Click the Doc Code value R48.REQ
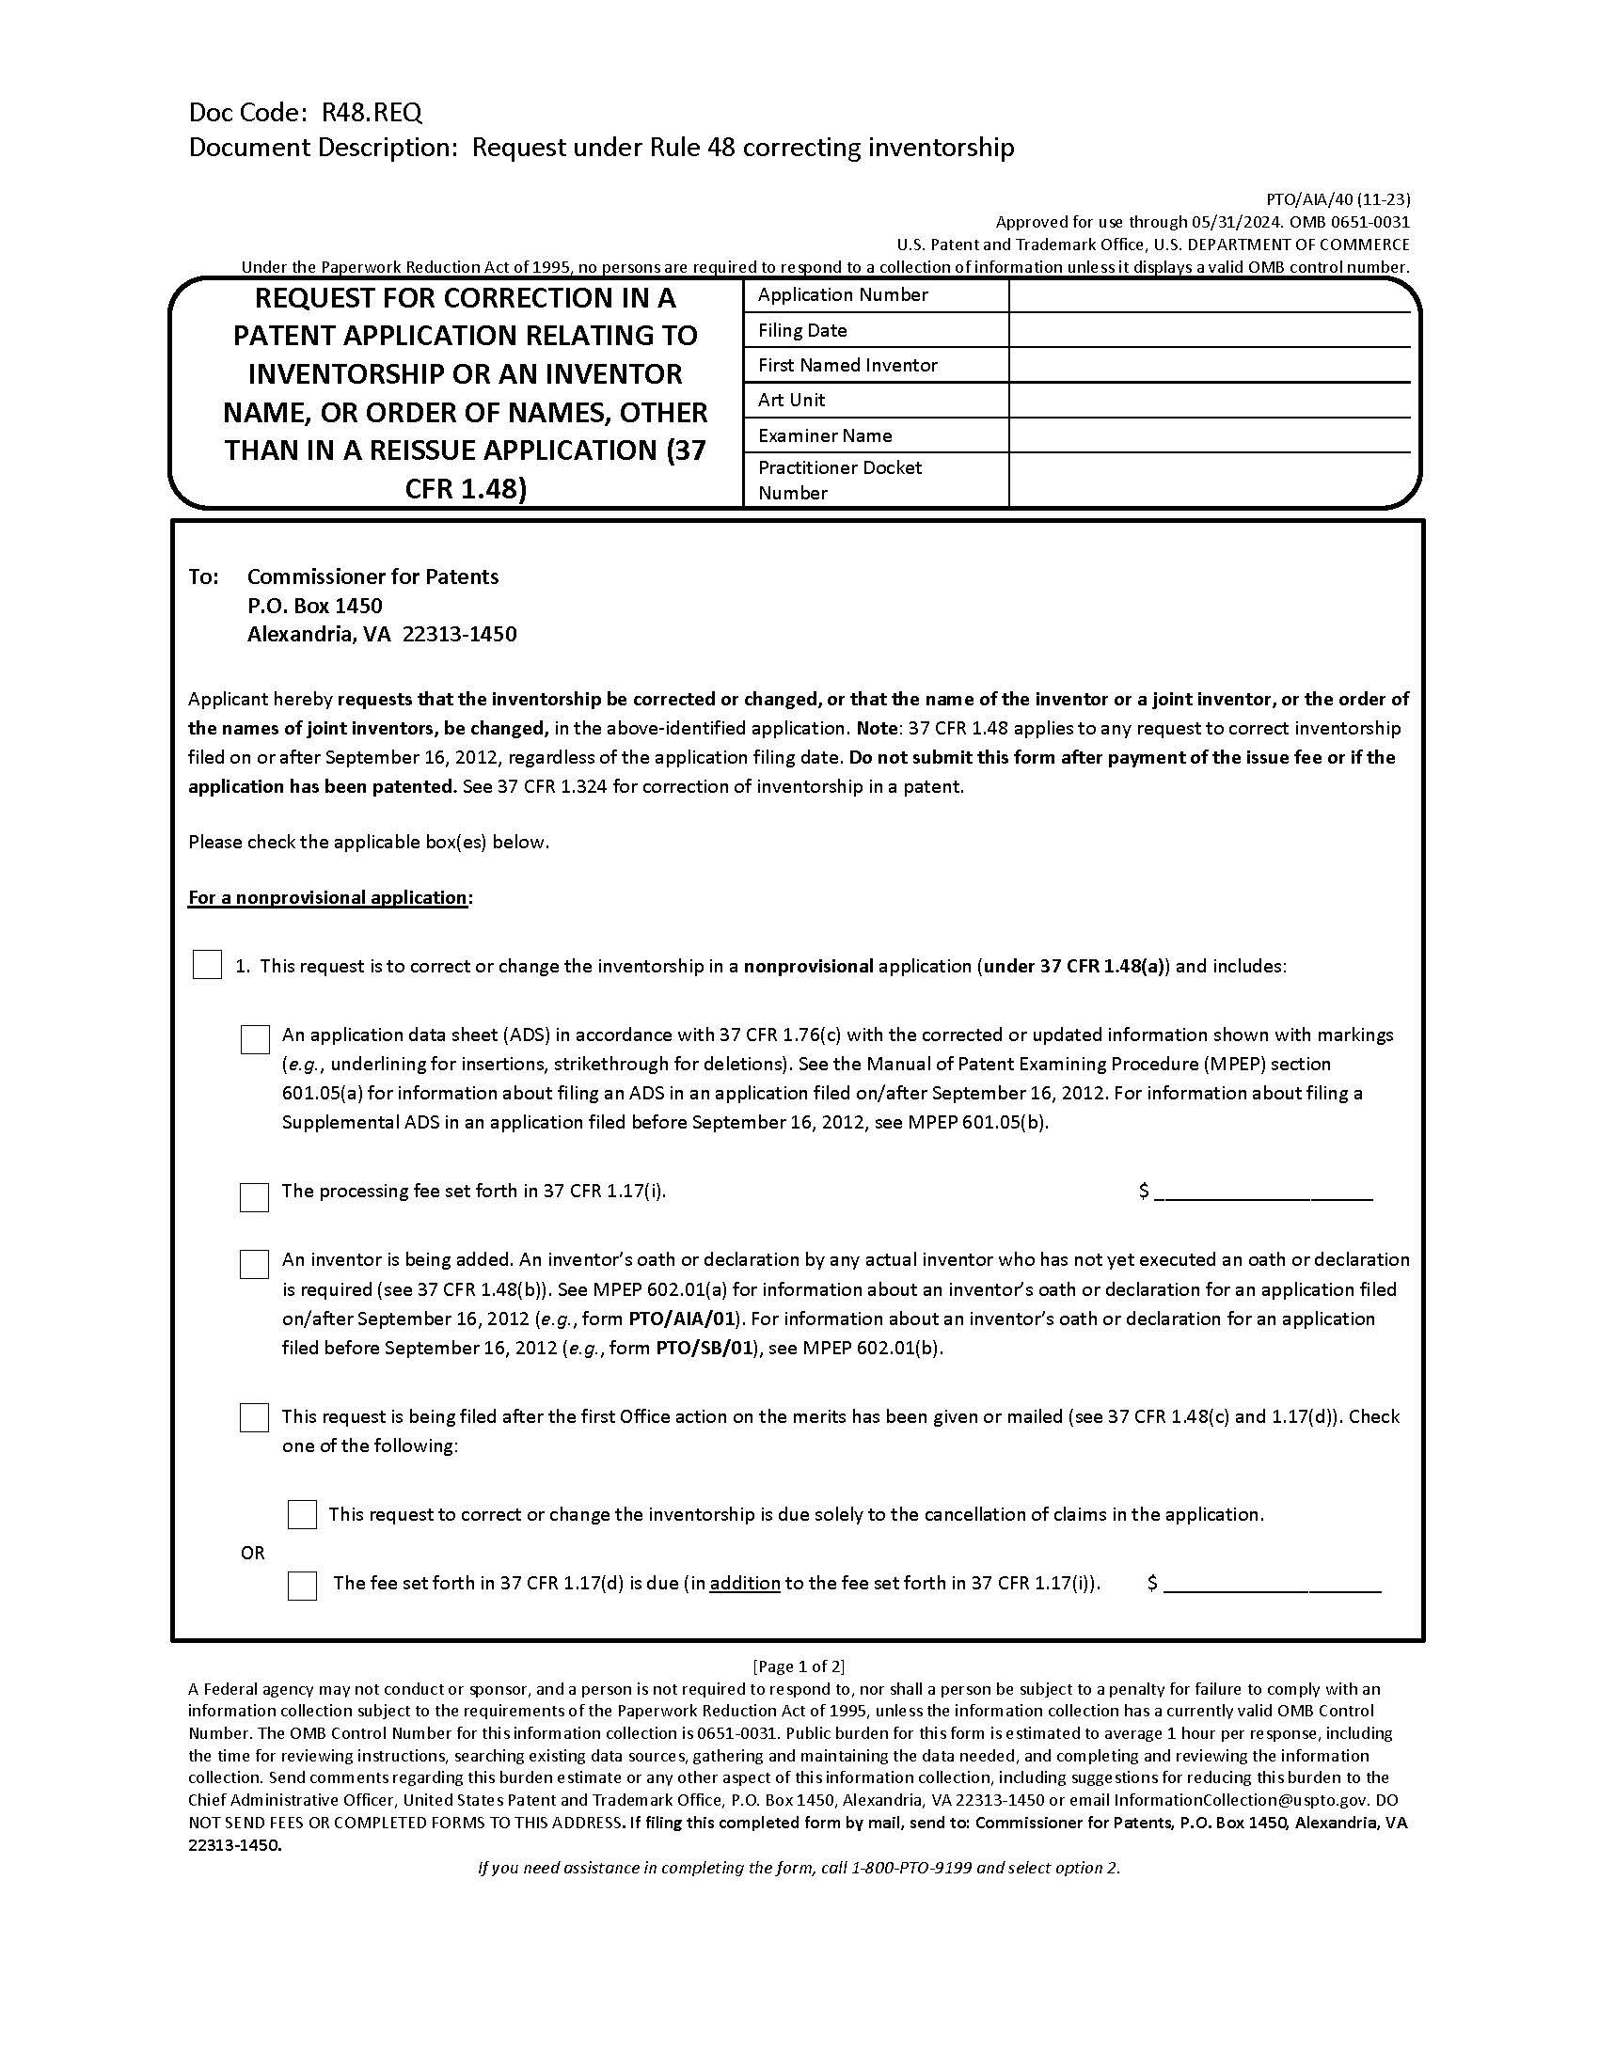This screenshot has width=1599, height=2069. coord(372,113)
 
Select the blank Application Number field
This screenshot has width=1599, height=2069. coord(1209,295)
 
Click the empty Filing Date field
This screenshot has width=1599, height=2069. coord(1209,331)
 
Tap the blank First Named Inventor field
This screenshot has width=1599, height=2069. coord(1209,366)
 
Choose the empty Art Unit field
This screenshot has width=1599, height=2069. coord(1209,401)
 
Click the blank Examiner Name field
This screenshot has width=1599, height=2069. coord(1209,435)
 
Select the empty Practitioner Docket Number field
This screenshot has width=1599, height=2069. coord(1209,480)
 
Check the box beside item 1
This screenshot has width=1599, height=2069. coord(208,965)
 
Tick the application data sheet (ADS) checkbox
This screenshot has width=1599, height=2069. coord(255,1039)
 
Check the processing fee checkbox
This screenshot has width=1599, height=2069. coord(255,1196)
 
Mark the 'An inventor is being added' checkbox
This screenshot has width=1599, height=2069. coord(255,1265)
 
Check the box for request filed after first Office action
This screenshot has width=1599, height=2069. coord(255,1417)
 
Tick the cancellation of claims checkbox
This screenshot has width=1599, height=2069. coord(302,1514)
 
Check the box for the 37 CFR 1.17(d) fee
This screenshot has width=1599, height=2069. coord(302,1586)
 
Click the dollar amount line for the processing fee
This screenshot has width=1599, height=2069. coord(1263,1192)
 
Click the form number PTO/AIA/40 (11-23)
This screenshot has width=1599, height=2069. coord(1338,200)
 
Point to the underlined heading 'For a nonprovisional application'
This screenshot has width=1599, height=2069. coord(327,897)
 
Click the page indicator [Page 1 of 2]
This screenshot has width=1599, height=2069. coord(799,1666)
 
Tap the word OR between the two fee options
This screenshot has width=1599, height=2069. coord(253,1553)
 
